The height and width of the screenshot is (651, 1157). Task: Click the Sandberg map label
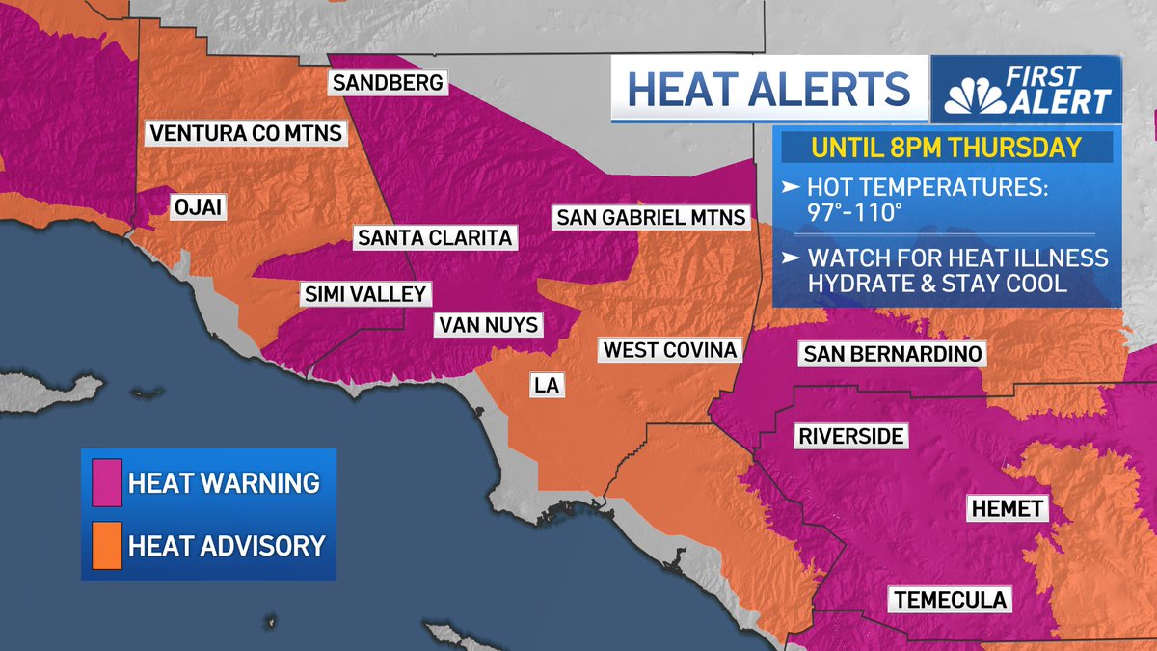coord(388,83)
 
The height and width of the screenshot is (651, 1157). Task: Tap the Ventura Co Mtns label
coord(245,133)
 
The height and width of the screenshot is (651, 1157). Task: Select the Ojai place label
coord(199,206)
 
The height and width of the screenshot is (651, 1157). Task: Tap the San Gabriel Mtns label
coord(652,218)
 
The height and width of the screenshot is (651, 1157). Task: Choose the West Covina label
coord(669,349)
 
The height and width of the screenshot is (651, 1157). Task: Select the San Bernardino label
coord(892,354)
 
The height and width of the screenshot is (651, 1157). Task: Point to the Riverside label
coord(851,437)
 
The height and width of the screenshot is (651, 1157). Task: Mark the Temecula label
coord(950,600)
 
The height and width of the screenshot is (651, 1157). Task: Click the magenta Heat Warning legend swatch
coord(107,482)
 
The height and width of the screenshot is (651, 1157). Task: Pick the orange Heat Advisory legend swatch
coord(107,545)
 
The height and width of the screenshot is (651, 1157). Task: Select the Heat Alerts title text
coord(768,90)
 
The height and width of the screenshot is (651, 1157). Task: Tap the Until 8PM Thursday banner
coord(946,149)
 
